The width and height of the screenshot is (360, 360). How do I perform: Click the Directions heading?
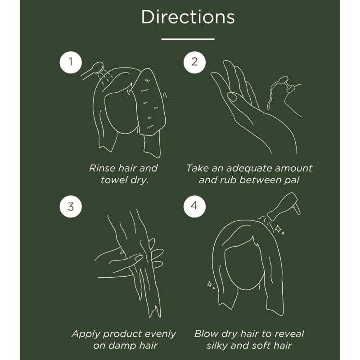[x=188, y=17]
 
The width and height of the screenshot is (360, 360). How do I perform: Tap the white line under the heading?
[x=188, y=39]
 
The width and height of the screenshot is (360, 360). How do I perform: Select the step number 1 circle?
[x=71, y=62]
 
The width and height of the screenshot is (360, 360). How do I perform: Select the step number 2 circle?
[x=194, y=62]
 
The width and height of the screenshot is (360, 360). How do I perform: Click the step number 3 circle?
[x=71, y=207]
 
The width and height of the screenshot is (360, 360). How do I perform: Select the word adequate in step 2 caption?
[x=249, y=168]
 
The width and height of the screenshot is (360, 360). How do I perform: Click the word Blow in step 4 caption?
[x=206, y=334]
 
